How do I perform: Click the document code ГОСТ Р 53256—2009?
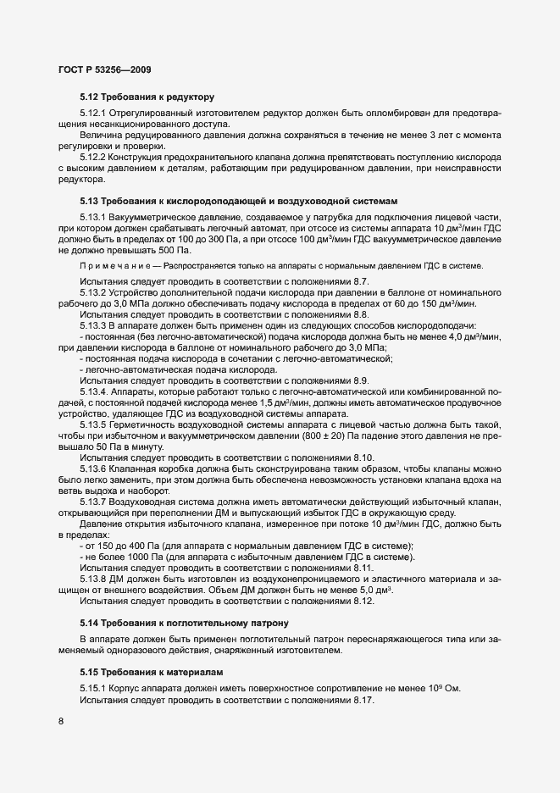point(105,67)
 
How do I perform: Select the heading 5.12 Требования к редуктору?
point(147,97)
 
